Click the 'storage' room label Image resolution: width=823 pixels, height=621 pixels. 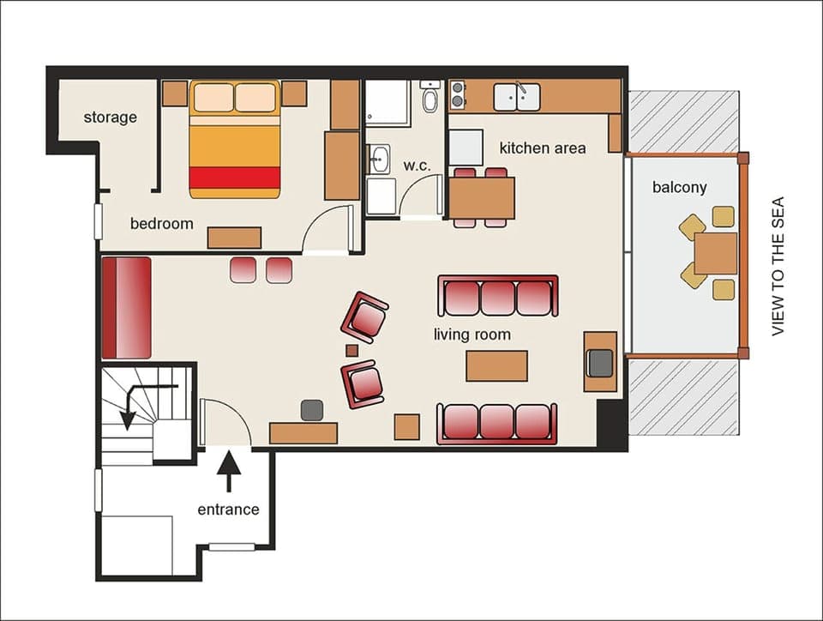(x=110, y=118)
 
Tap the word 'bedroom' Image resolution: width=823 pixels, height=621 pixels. (x=161, y=224)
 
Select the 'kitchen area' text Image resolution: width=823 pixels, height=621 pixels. (x=543, y=148)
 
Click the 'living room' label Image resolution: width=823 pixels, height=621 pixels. (x=472, y=335)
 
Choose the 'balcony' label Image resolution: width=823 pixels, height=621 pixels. (x=679, y=187)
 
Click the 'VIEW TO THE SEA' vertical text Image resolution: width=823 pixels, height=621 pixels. (x=778, y=267)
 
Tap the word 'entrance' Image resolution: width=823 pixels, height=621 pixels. (x=228, y=509)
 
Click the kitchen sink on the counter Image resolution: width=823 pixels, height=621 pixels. (x=516, y=96)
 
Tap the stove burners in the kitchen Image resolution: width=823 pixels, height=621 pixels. (x=458, y=95)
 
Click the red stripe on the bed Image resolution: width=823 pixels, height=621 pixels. (x=234, y=178)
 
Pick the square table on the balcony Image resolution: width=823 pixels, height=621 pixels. (x=715, y=253)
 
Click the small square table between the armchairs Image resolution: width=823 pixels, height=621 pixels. (x=351, y=349)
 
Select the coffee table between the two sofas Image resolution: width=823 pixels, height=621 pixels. (x=496, y=365)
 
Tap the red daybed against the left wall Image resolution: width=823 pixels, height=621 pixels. (x=126, y=307)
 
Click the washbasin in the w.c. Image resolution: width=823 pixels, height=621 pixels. (x=378, y=158)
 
